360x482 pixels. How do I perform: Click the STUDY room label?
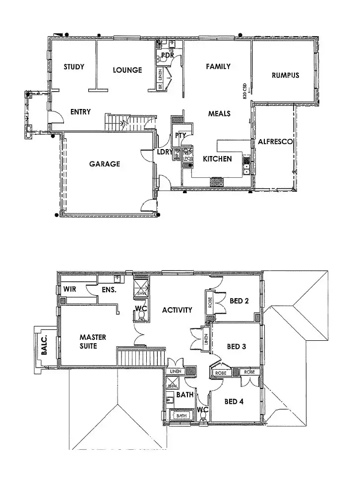pos(74,67)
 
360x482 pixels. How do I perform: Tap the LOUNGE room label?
pos(127,70)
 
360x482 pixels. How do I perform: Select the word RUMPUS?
pos(285,75)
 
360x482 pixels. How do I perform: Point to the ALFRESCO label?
pos(275,142)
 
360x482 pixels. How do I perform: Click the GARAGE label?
pos(105,164)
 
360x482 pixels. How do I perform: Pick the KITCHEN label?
pos(218,159)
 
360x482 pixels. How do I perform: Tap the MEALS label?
pos(219,113)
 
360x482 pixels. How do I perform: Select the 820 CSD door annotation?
pos(245,92)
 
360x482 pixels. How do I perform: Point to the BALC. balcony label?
pos(45,345)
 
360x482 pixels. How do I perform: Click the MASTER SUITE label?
pos(93,341)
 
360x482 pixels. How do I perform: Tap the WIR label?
pos(70,289)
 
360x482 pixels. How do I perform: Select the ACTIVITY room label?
pos(177,310)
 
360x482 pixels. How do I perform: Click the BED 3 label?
pos(237,347)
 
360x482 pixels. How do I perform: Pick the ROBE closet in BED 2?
pos(210,302)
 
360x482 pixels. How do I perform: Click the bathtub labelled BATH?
pos(182,416)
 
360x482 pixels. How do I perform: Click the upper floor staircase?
pos(140,356)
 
